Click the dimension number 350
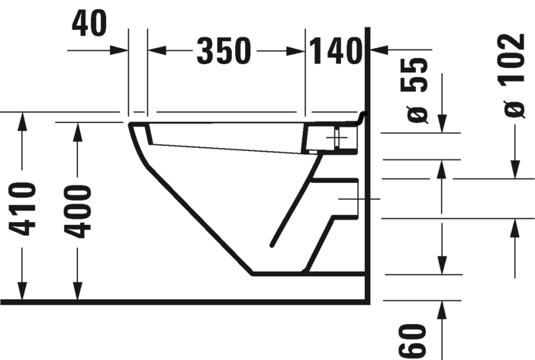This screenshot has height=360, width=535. click(x=224, y=51)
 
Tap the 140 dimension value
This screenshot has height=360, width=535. click(x=334, y=51)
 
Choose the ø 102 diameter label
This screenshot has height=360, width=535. click(x=514, y=74)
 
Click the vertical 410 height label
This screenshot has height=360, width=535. click(x=24, y=209)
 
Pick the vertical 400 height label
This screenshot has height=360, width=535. click(x=77, y=211)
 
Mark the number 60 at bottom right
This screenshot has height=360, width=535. click(x=411, y=339)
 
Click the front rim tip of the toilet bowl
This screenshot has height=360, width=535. click(x=131, y=124)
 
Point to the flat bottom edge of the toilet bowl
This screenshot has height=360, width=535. click(x=279, y=272)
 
